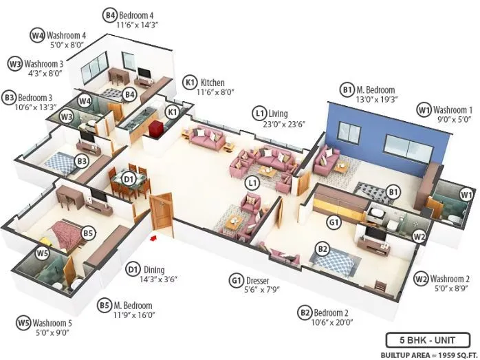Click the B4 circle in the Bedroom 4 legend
coord(110,14)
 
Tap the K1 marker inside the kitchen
coord(173,112)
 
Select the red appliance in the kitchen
coord(157,129)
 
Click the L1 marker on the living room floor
coord(252,182)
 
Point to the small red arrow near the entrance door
coord(154,238)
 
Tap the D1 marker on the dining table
coord(128,179)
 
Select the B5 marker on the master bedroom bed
coord(88,233)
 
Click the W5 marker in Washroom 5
coord(43,253)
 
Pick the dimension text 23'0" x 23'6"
coord(279,125)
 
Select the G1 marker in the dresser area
coord(334,223)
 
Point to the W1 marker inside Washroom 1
coord(466,194)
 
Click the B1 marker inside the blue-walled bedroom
coord(393,191)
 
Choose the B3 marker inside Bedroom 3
coord(82,162)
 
